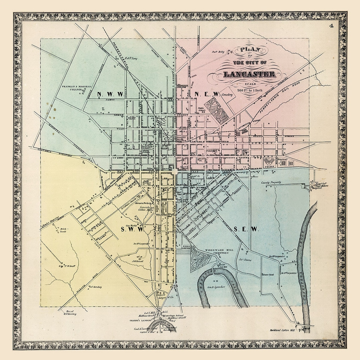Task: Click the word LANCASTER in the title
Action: [x=249, y=74]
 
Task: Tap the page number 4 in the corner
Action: [x=332, y=26]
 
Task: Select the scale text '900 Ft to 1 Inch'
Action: [x=250, y=90]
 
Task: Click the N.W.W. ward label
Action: [x=108, y=94]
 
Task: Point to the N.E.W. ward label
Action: [x=206, y=94]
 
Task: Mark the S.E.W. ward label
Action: [x=246, y=229]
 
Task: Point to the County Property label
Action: [x=271, y=182]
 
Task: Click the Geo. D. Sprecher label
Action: [x=216, y=287]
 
